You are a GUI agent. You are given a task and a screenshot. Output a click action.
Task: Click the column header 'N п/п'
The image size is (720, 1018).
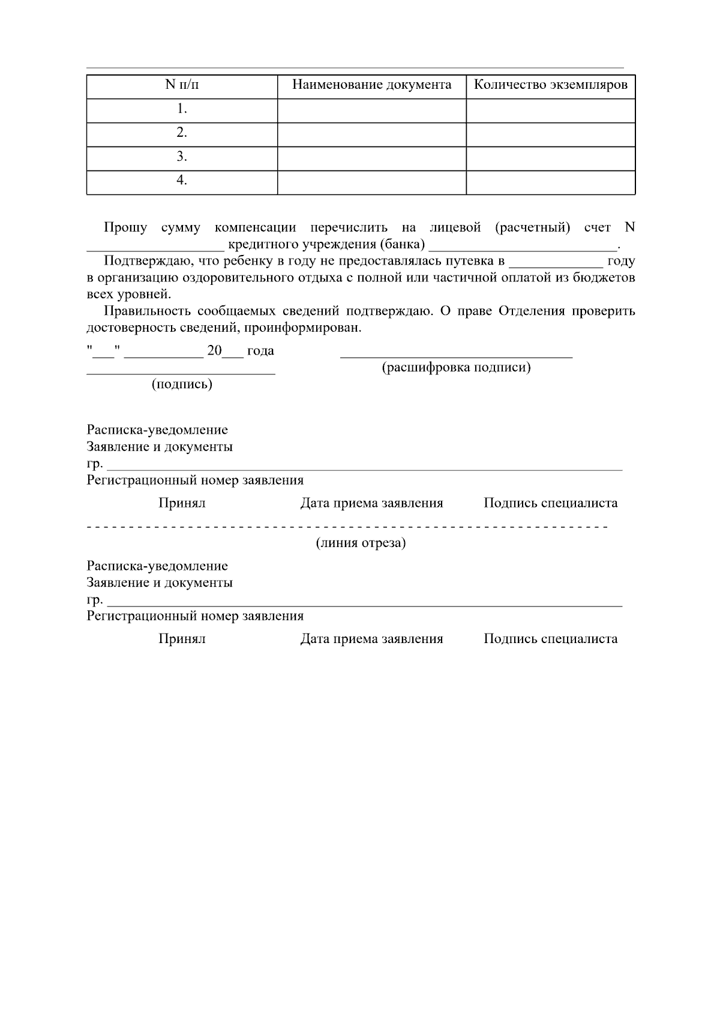click(x=182, y=85)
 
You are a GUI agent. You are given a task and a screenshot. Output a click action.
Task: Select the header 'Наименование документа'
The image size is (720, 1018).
click(x=371, y=85)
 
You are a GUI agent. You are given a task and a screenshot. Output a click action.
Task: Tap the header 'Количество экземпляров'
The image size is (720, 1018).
click(x=550, y=85)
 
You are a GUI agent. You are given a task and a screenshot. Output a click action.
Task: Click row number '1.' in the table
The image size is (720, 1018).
click(x=182, y=109)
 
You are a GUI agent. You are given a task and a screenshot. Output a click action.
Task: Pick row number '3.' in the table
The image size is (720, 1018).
click(x=182, y=157)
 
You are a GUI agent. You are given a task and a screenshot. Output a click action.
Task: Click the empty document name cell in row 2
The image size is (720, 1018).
click(x=371, y=134)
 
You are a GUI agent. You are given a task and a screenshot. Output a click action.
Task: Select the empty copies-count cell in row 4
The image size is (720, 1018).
click(x=550, y=182)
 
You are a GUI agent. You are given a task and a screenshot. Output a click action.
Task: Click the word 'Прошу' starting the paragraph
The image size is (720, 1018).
click(x=125, y=228)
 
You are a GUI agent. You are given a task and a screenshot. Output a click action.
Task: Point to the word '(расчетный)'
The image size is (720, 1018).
click(x=532, y=228)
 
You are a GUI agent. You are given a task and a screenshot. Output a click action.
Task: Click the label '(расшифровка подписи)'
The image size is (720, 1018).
click(x=457, y=368)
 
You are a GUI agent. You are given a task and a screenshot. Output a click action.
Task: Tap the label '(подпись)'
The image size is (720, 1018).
click(x=182, y=385)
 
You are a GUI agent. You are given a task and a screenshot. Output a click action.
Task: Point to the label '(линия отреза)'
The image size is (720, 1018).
click(x=361, y=543)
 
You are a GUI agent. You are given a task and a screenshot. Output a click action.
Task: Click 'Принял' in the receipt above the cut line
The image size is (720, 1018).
click(x=182, y=503)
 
